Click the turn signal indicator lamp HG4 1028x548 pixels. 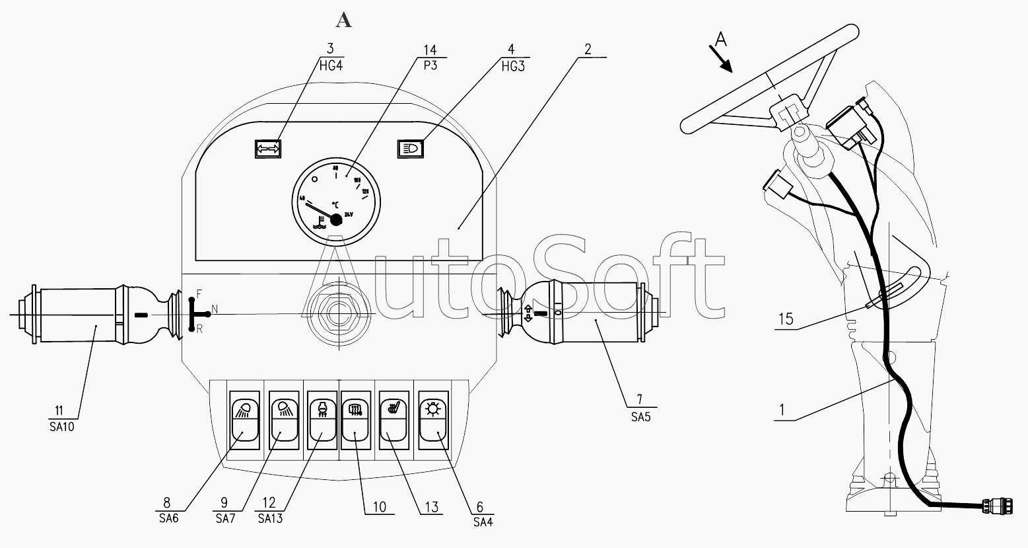[x=268, y=149]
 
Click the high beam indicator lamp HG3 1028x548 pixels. [x=411, y=149]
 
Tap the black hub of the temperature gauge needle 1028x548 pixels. [x=335, y=220]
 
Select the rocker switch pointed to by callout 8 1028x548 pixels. [x=243, y=421]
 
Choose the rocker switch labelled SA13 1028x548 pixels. [x=322, y=421]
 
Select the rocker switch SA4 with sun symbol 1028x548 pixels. [x=434, y=421]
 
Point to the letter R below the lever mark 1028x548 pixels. [x=199, y=329]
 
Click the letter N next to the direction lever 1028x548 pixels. [x=214, y=309]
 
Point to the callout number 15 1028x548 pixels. [x=786, y=319]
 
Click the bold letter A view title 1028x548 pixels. [x=343, y=20]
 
